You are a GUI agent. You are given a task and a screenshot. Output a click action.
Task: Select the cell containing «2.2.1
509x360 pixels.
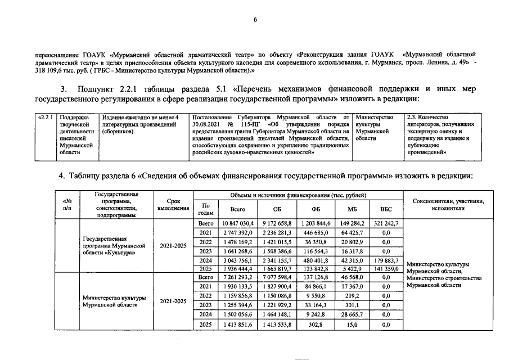click(44, 117)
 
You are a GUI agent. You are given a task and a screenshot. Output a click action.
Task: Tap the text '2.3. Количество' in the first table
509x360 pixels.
click(429, 117)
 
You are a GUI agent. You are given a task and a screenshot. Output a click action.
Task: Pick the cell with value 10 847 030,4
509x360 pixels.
click(234, 223)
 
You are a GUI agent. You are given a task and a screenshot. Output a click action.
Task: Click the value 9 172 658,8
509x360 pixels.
click(273, 223)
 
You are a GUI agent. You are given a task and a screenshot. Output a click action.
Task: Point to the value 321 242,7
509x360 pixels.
click(386, 223)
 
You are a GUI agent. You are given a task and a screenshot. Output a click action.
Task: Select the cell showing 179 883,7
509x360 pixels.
click(386, 260)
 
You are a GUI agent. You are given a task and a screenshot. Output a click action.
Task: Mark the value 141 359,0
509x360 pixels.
click(386, 269)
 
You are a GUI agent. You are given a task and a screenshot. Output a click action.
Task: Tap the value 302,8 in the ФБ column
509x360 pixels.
click(315, 325)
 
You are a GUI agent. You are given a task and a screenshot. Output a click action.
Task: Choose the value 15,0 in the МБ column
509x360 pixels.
click(354, 325)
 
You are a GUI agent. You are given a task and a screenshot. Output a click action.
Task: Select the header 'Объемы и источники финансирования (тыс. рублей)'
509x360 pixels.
click(298, 195)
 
